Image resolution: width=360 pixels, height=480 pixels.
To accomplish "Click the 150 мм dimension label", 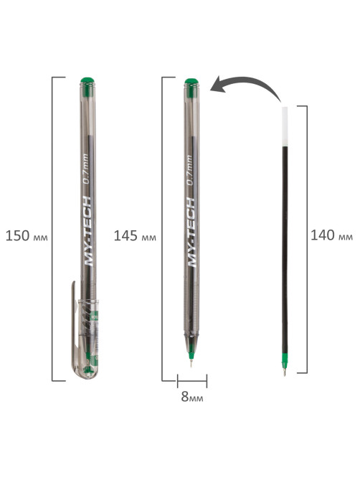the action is [x=27, y=236].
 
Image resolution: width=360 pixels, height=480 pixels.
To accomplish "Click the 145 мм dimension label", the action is [x=135, y=236].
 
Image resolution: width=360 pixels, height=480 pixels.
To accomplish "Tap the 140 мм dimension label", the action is [x=331, y=235].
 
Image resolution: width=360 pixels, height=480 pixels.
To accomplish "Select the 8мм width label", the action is [x=191, y=397].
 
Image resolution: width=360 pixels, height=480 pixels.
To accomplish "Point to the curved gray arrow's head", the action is [x=218, y=85].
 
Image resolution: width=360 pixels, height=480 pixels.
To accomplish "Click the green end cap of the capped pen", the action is [x=87, y=81].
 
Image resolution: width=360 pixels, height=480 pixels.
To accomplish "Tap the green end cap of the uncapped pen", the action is [x=191, y=82].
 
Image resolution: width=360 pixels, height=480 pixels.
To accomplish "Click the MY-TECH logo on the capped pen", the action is [x=87, y=232].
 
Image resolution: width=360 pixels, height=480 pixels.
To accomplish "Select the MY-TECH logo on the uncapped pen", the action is [x=191, y=232].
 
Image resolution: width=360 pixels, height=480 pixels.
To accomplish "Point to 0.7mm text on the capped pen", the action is [x=86, y=169].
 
